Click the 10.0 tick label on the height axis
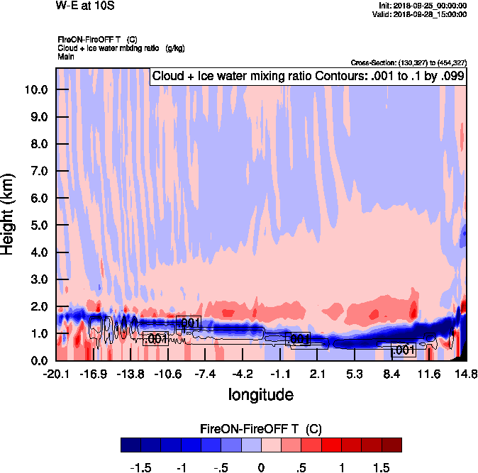tap(35, 89)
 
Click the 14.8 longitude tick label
tap(466, 374)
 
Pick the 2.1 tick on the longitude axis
tap(317, 374)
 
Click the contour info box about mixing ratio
tap(308, 77)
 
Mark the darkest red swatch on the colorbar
tap(391, 445)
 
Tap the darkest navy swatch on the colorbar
tap(130, 445)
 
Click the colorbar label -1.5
tap(143, 468)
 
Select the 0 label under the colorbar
tap(261, 468)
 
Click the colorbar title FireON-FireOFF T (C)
tap(261, 429)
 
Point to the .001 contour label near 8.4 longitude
tap(403, 350)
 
